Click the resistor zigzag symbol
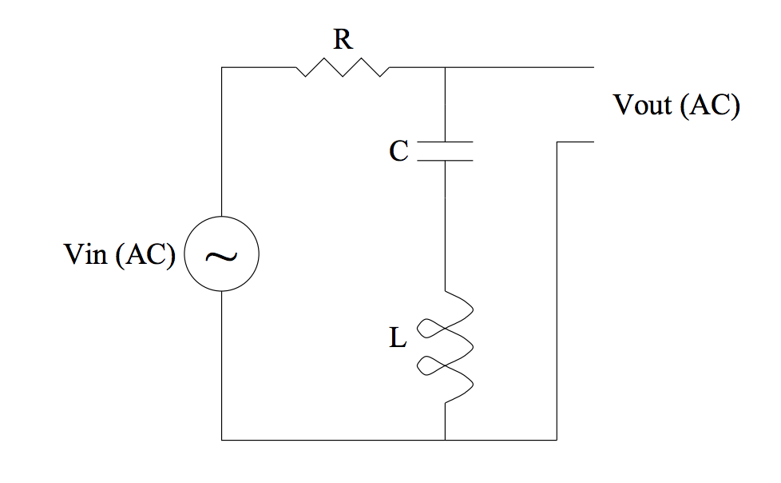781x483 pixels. coord(343,69)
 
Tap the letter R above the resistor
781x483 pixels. coord(343,39)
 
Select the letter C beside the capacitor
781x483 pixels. coord(398,151)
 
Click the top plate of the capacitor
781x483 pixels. coord(445,143)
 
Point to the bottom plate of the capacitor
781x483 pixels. coord(445,160)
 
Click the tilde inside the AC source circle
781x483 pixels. coord(221,256)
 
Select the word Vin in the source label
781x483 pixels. coord(85,255)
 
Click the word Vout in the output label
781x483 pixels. coord(643,106)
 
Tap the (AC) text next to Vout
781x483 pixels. coord(710,106)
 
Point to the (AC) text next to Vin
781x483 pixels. coord(145,255)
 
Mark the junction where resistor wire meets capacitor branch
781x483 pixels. coord(445,68)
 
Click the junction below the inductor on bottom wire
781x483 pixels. coord(445,440)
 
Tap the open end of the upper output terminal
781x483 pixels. coord(593,68)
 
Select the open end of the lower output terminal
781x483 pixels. coord(593,142)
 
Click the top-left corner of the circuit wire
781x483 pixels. coord(222,68)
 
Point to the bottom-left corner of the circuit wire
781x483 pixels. coord(222,440)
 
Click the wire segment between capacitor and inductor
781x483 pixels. coord(445,224)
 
